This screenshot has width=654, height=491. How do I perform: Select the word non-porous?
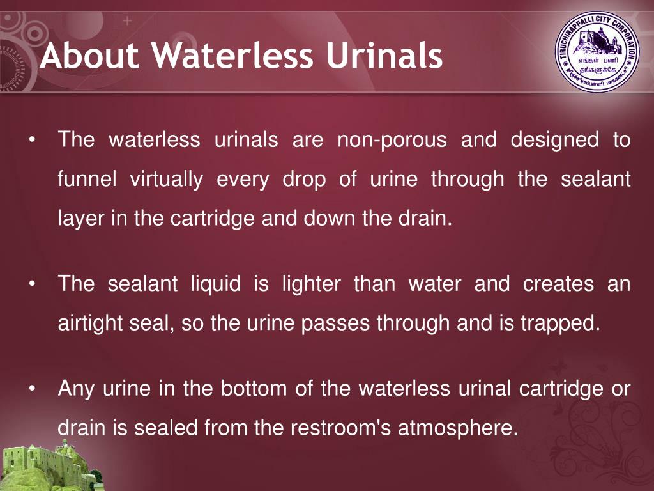coord(392,140)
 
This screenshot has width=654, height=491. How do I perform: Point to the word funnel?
coord(87,179)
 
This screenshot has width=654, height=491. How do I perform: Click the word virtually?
coord(167,180)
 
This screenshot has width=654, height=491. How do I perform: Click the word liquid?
coord(216,284)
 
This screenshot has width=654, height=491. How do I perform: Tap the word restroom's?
coord(341,428)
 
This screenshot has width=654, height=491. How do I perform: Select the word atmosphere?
coord(457,428)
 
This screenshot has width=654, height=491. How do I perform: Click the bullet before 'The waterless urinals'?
coord(31,140)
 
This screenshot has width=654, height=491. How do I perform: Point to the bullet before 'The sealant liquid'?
coord(31,284)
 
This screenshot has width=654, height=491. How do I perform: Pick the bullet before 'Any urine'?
coord(31,388)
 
